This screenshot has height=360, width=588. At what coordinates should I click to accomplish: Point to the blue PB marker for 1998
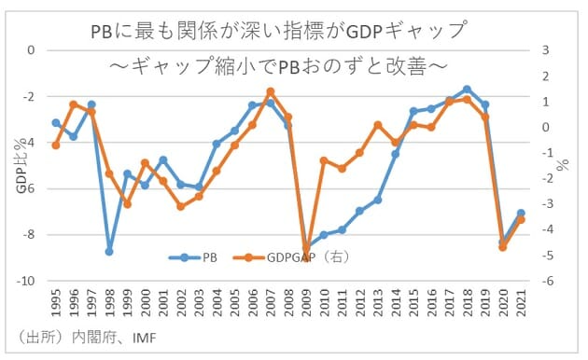[x=109, y=252]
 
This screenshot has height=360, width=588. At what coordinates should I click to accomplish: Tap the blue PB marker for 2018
[x=467, y=90]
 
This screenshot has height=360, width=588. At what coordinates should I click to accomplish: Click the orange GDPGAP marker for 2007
[x=271, y=91]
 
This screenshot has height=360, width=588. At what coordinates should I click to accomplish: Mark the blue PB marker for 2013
[x=378, y=200]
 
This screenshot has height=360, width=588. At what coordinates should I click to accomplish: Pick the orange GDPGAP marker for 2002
[x=181, y=206]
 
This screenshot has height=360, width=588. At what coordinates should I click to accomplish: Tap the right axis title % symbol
[x=563, y=166]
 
